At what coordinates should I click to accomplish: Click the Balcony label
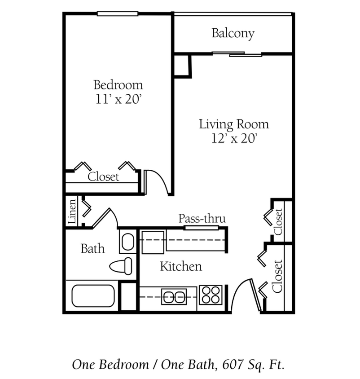click(x=233, y=33)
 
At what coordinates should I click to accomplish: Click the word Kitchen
click(x=181, y=266)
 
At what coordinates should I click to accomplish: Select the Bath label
click(x=92, y=248)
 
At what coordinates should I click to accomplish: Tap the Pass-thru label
click(x=202, y=219)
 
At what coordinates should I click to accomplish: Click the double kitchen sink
click(x=174, y=296)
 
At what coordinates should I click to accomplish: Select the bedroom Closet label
click(x=103, y=177)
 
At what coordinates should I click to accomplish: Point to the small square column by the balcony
click(x=183, y=66)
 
